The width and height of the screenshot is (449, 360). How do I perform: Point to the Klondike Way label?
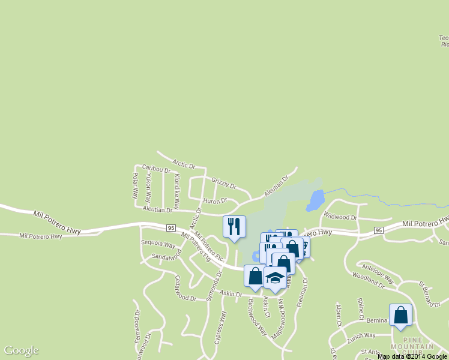point(177,187)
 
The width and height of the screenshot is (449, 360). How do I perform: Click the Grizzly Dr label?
point(223,182)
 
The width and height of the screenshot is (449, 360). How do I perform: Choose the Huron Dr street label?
point(215,201)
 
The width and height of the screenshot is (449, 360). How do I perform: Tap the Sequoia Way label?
point(157,245)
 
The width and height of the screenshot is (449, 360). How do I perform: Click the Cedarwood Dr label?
point(185,289)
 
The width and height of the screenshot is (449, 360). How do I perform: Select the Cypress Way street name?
point(221,328)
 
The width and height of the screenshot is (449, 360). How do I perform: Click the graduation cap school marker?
point(275,278)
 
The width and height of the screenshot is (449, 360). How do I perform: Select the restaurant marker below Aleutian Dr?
point(234,226)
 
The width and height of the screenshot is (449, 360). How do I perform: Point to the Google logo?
point(21,350)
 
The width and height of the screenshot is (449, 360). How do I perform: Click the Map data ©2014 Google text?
point(412,356)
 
